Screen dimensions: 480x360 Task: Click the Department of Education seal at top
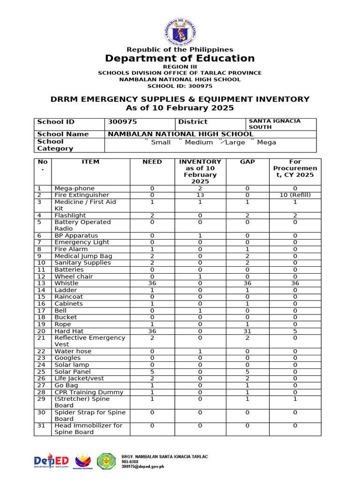[x=180, y=31]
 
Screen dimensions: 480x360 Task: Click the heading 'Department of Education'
[x=180, y=58]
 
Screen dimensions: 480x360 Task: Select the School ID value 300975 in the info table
[x=122, y=122]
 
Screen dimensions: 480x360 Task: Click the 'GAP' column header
[x=247, y=162]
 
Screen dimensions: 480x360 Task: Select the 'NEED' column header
[x=152, y=162]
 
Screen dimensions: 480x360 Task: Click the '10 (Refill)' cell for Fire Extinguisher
[x=295, y=195]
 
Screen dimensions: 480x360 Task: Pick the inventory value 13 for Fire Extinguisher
[x=200, y=195]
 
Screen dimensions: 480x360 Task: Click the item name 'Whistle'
[x=67, y=284]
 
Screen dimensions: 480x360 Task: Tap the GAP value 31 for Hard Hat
[x=247, y=331]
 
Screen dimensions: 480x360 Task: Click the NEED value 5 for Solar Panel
[x=152, y=372]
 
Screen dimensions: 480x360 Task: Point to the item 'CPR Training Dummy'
[x=89, y=392]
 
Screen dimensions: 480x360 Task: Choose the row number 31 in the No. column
[x=41, y=426]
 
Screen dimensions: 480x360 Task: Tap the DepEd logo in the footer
[x=51, y=461]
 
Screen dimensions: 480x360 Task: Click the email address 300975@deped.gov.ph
[x=143, y=467]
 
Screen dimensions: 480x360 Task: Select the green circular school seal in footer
[x=106, y=461]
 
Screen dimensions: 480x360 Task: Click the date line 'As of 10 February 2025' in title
[x=180, y=108]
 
